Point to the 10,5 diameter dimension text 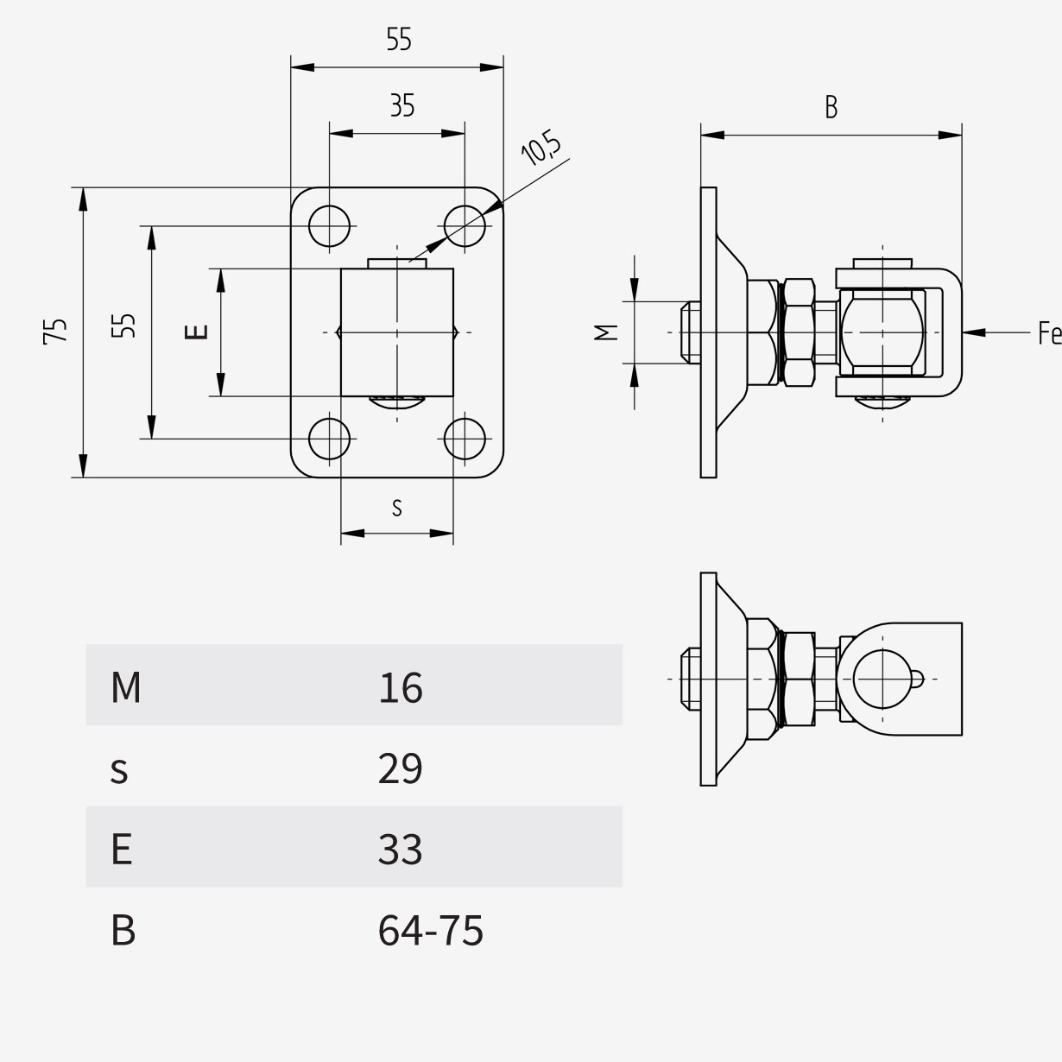[540, 147]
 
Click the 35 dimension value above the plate [402, 105]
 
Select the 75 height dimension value [55, 332]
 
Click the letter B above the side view [831, 107]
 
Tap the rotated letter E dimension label [196, 332]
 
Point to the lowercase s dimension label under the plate [397, 508]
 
